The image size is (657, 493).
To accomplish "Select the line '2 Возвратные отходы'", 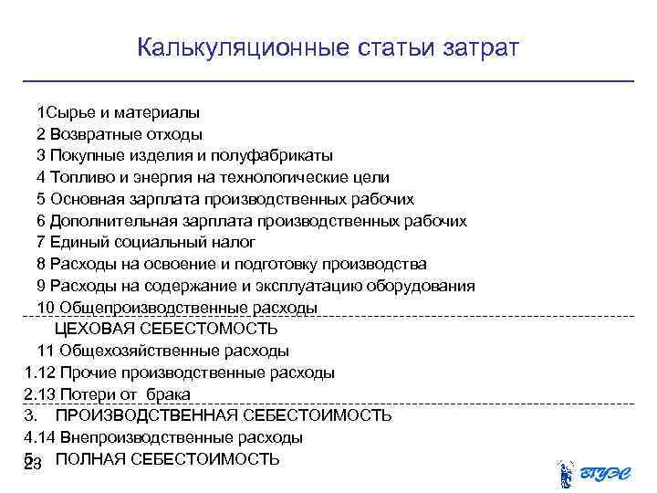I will pos(120,134).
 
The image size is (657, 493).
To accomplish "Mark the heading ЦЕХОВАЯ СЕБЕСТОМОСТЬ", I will pos(166,329).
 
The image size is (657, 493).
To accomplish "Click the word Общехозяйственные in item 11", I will pos(123,351).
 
